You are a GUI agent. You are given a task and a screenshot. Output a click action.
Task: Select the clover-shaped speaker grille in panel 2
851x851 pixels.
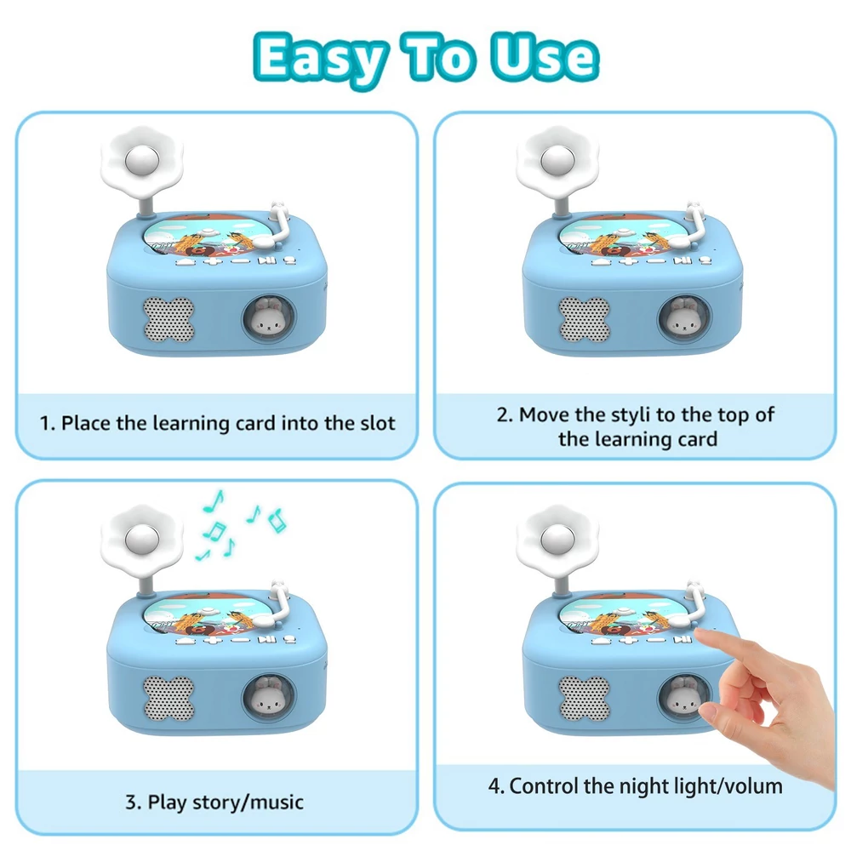[x=585, y=319]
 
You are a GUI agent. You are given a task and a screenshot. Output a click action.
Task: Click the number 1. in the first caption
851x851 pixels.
[x=47, y=423]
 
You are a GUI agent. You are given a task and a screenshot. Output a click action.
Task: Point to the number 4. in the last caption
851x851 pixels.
[x=496, y=785]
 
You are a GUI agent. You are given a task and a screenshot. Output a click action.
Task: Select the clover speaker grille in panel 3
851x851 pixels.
[x=168, y=699]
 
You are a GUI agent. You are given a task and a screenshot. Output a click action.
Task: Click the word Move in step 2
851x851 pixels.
[x=545, y=414]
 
